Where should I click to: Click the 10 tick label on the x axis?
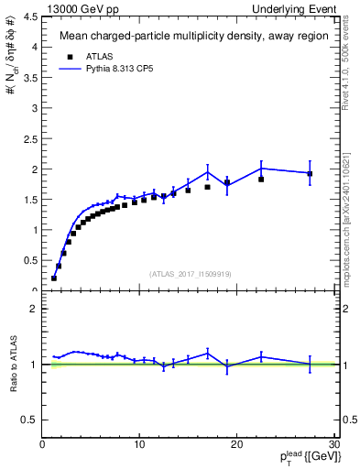(x=139, y=445)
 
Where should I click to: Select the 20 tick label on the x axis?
(x=236, y=445)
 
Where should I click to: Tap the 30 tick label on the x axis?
(x=333, y=445)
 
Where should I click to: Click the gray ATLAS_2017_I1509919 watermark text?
(x=189, y=272)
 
